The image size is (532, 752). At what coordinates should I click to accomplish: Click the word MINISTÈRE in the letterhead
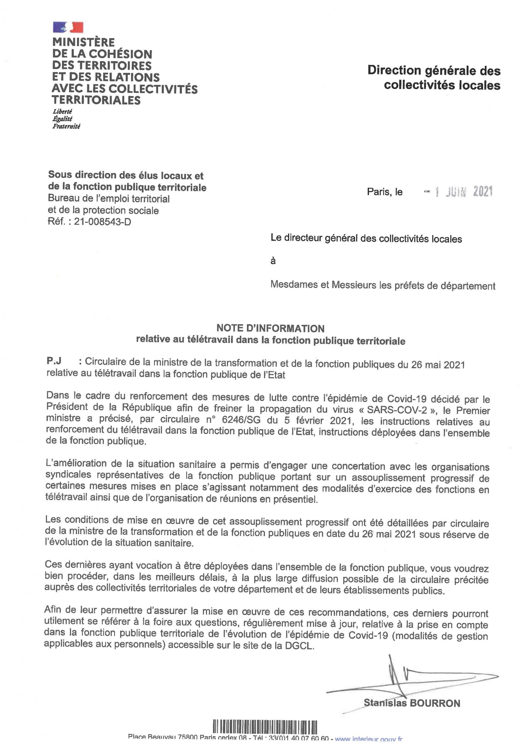(x=83, y=42)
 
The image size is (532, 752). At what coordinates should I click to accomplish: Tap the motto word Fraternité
(x=66, y=126)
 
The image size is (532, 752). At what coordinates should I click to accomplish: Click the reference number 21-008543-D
(x=102, y=222)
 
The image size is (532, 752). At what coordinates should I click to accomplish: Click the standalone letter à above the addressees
(x=273, y=261)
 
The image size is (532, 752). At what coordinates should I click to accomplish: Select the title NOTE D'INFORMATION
(x=270, y=328)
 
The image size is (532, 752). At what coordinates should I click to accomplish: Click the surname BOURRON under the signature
(x=436, y=703)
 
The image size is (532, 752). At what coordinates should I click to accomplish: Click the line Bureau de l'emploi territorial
(x=109, y=199)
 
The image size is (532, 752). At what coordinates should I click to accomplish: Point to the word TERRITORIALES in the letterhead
(x=96, y=100)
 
